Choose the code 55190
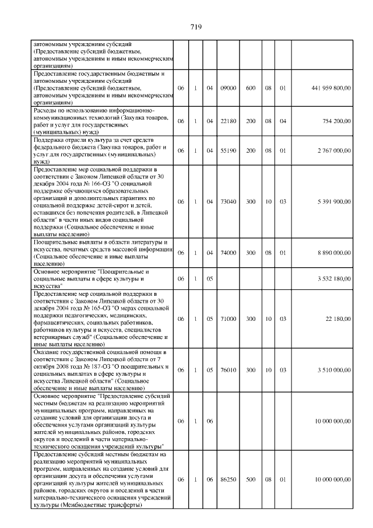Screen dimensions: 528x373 (x=228, y=151)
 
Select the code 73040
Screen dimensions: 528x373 (x=228, y=201)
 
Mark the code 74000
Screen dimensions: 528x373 (x=228, y=253)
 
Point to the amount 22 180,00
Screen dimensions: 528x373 (x=338, y=319)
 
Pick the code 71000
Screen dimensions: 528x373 (x=228, y=319)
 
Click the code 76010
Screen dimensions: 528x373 (x=228, y=370)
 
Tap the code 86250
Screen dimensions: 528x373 (x=228, y=480)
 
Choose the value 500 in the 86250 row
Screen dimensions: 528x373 (x=251, y=480)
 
